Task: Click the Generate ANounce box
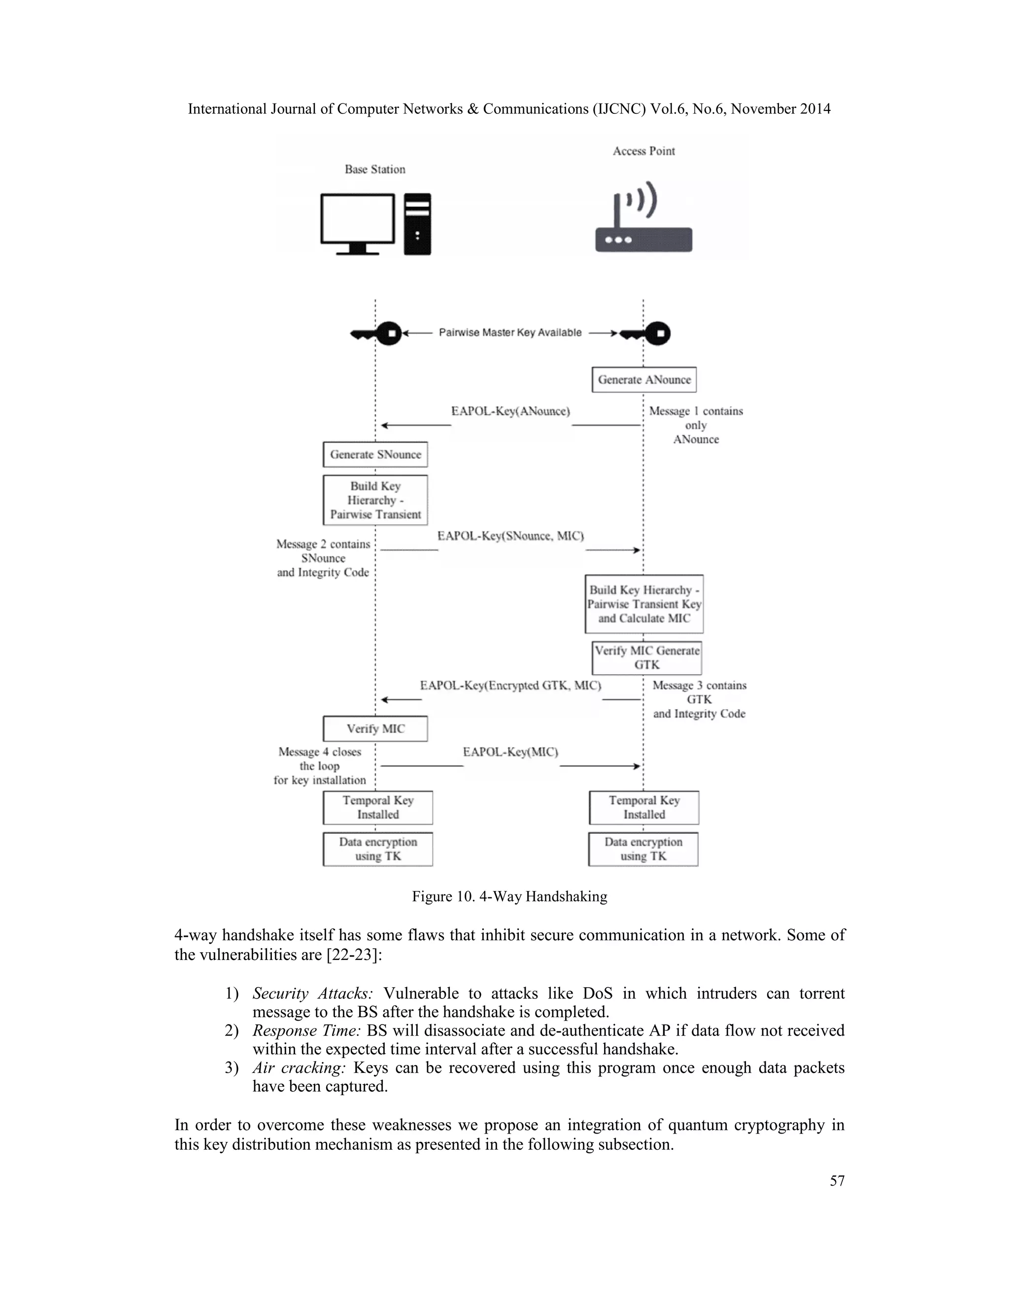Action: pos(644,379)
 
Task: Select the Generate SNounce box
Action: pos(375,454)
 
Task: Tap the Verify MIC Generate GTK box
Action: pos(647,658)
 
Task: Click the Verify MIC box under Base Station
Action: pos(375,728)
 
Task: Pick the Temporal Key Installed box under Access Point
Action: pos(644,807)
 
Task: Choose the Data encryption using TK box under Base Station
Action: pos(378,849)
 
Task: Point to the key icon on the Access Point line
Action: pos(647,333)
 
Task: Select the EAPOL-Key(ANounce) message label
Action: pos(510,412)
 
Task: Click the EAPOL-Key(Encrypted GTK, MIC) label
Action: pos(510,686)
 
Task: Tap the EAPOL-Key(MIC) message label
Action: pos(510,752)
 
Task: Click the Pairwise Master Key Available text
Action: pos(510,333)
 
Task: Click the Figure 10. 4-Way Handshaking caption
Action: pos(509,896)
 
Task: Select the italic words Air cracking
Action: pos(299,1067)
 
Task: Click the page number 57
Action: pos(837,1181)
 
